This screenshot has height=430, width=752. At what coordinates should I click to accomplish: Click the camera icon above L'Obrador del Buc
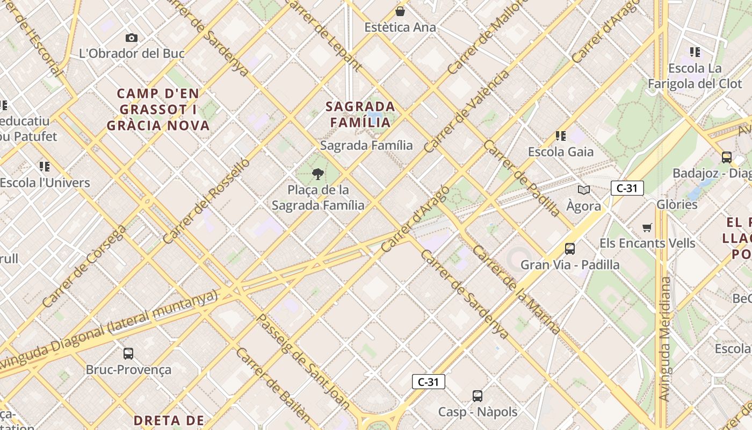pyautogui.click(x=132, y=38)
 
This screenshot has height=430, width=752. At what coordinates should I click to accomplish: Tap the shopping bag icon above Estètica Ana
pyautogui.click(x=400, y=11)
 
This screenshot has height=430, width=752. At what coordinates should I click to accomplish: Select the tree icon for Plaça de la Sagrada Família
pyautogui.click(x=318, y=174)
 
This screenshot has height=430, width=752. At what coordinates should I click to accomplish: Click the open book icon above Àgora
pyautogui.click(x=584, y=190)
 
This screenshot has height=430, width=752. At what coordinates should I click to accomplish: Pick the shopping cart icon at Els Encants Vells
pyautogui.click(x=647, y=227)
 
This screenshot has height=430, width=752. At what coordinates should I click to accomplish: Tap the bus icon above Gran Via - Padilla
pyautogui.click(x=570, y=249)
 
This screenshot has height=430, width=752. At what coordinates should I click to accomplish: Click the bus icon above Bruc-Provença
pyautogui.click(x=128, y=354)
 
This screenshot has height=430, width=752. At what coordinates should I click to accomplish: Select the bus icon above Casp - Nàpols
pyautogui.click(x=478, y=396)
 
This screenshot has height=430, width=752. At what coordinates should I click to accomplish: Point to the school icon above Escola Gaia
pyautogui.click(x=561, y=136)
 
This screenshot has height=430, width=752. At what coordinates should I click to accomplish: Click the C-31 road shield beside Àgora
pyautogui.click(x=627, y=188)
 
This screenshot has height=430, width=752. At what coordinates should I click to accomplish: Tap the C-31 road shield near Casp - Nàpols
pyautogui.click(x=429, y=382)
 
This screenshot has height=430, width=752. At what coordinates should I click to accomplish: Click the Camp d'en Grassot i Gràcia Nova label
pyautogui.click(x=158, y=110)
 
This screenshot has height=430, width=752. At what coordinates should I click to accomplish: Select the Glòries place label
pyautogui.click(x=677, y=204)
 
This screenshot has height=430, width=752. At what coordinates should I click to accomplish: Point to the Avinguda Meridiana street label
pyautogui.click(x=665, y=339)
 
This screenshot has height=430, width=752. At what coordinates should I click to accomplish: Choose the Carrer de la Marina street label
pyautogui.click(x=517, y=290)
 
